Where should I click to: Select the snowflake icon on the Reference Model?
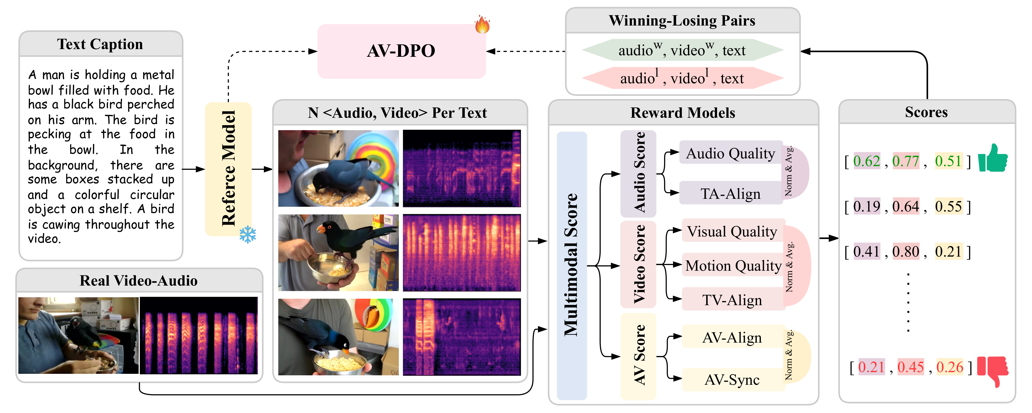tap(248, 234)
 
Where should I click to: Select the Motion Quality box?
tap(733, 265)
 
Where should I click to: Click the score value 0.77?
tap(906, 161)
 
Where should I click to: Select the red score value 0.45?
tap(910, 367)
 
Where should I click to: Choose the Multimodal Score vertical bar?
tap(572, 265)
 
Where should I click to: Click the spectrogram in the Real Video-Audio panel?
tap(199, 336)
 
